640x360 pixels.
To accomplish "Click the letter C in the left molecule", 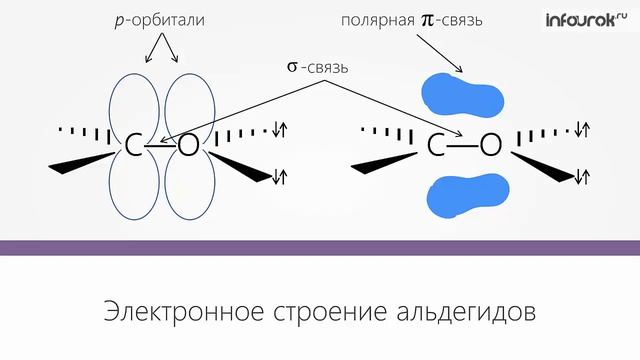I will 131,146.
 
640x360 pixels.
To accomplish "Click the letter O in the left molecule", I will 188,146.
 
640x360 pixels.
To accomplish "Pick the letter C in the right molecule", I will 437,146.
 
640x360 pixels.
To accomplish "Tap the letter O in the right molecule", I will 490,146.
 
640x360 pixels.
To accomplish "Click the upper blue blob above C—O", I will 463,93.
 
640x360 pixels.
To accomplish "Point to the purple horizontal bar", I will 320,247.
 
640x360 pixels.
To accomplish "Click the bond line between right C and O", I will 463,146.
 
